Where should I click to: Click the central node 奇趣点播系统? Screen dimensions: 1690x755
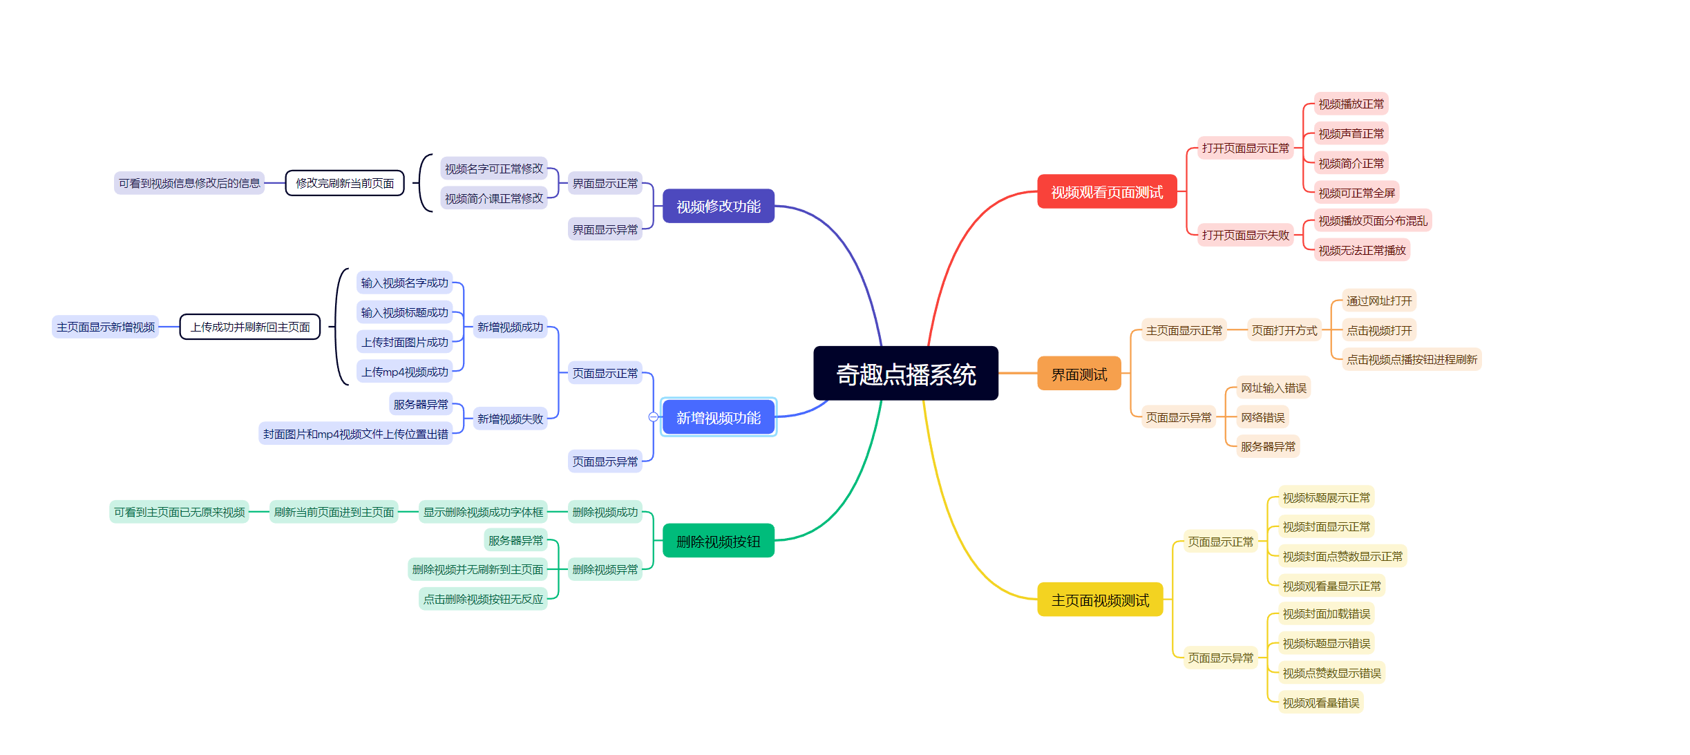(x=905, y=374)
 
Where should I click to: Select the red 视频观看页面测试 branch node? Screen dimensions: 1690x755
(x=1106, y=192)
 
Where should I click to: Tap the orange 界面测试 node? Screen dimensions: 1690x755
(x=1079, y=374)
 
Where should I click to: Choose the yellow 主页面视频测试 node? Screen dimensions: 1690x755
(x=1099, y=600)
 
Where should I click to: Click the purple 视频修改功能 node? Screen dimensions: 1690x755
(x=718, y=206)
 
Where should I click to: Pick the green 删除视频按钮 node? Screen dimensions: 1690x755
(x=718, y=541)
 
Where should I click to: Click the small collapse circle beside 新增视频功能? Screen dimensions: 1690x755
(x=653, y=417)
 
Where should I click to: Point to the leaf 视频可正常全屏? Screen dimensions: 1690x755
(x=1356, y=193)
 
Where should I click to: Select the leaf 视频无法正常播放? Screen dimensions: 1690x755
(x=1361, y=250)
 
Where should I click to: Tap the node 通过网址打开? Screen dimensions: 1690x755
(x=1378, y=300)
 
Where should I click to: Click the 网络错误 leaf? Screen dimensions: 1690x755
(x=1262, y=417)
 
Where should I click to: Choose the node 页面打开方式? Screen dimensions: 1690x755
(x=1284, y=330)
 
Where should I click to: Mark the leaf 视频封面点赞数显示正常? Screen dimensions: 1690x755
(x=1342, y=556)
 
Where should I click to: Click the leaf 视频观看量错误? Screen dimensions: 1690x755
(x=1320, y=703)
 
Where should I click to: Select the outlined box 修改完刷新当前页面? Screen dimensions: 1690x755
(x=345, y=183)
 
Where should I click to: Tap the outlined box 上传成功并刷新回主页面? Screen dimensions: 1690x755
(x=250, y=327)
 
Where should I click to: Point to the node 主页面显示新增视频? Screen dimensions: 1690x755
(x=106, y=327)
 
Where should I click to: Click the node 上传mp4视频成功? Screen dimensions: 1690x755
(x=405, y=372)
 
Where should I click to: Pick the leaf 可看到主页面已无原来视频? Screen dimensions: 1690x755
(x=179, y=512)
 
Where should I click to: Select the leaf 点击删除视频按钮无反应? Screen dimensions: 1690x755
(x=483, y=599)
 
